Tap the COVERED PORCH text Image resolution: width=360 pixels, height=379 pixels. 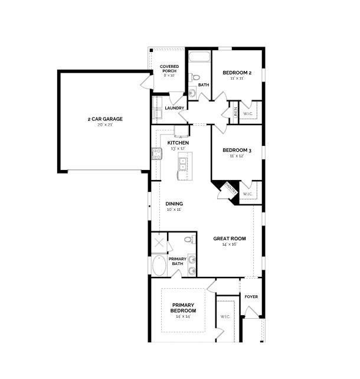click(x=169, y=68)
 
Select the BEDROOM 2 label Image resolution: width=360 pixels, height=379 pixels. click(x=237, y=73)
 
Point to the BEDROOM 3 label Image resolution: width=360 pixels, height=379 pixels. click(x=237, y=151)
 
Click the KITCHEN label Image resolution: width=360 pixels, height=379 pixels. click(x=178, y=143)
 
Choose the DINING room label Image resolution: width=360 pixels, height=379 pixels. click(x=174, y=204)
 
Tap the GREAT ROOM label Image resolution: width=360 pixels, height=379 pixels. click(x=230, y=238)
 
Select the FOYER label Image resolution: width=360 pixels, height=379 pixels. click(x=251, y=297)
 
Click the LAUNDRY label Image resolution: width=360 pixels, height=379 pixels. click(x=174, y=108)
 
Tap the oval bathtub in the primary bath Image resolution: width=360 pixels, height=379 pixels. click(x=159, y=265)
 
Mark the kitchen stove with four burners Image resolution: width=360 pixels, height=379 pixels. click(x=157, y=153)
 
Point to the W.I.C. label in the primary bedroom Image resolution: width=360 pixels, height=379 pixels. click(x=225, y=316)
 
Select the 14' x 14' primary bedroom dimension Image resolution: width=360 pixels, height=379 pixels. click(x=183, y=316)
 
